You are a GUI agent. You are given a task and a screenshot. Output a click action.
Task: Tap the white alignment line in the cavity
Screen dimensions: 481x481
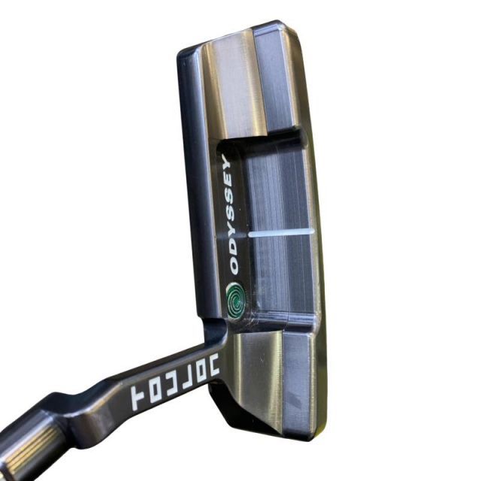[x=280, y=234]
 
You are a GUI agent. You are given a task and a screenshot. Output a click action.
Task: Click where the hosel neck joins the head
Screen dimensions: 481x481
[x=214, y=331]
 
